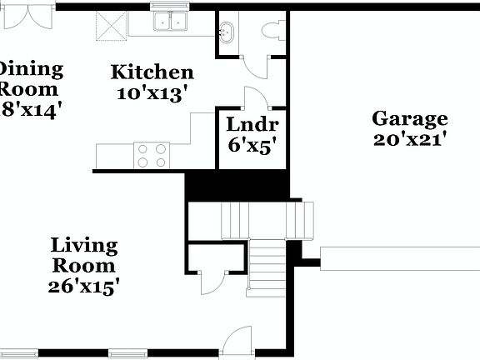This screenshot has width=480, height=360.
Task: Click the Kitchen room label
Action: pos(152,72)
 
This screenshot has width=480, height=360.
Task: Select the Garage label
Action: pos(409,119)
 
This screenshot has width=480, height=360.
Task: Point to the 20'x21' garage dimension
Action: pos(409,139)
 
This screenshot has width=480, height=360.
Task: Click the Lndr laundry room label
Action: pos(252,125)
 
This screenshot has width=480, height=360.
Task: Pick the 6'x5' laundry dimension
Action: pos(252,144)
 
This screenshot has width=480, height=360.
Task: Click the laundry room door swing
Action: pos(254,97)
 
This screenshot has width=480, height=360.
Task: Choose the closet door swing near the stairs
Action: pos(212,279)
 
